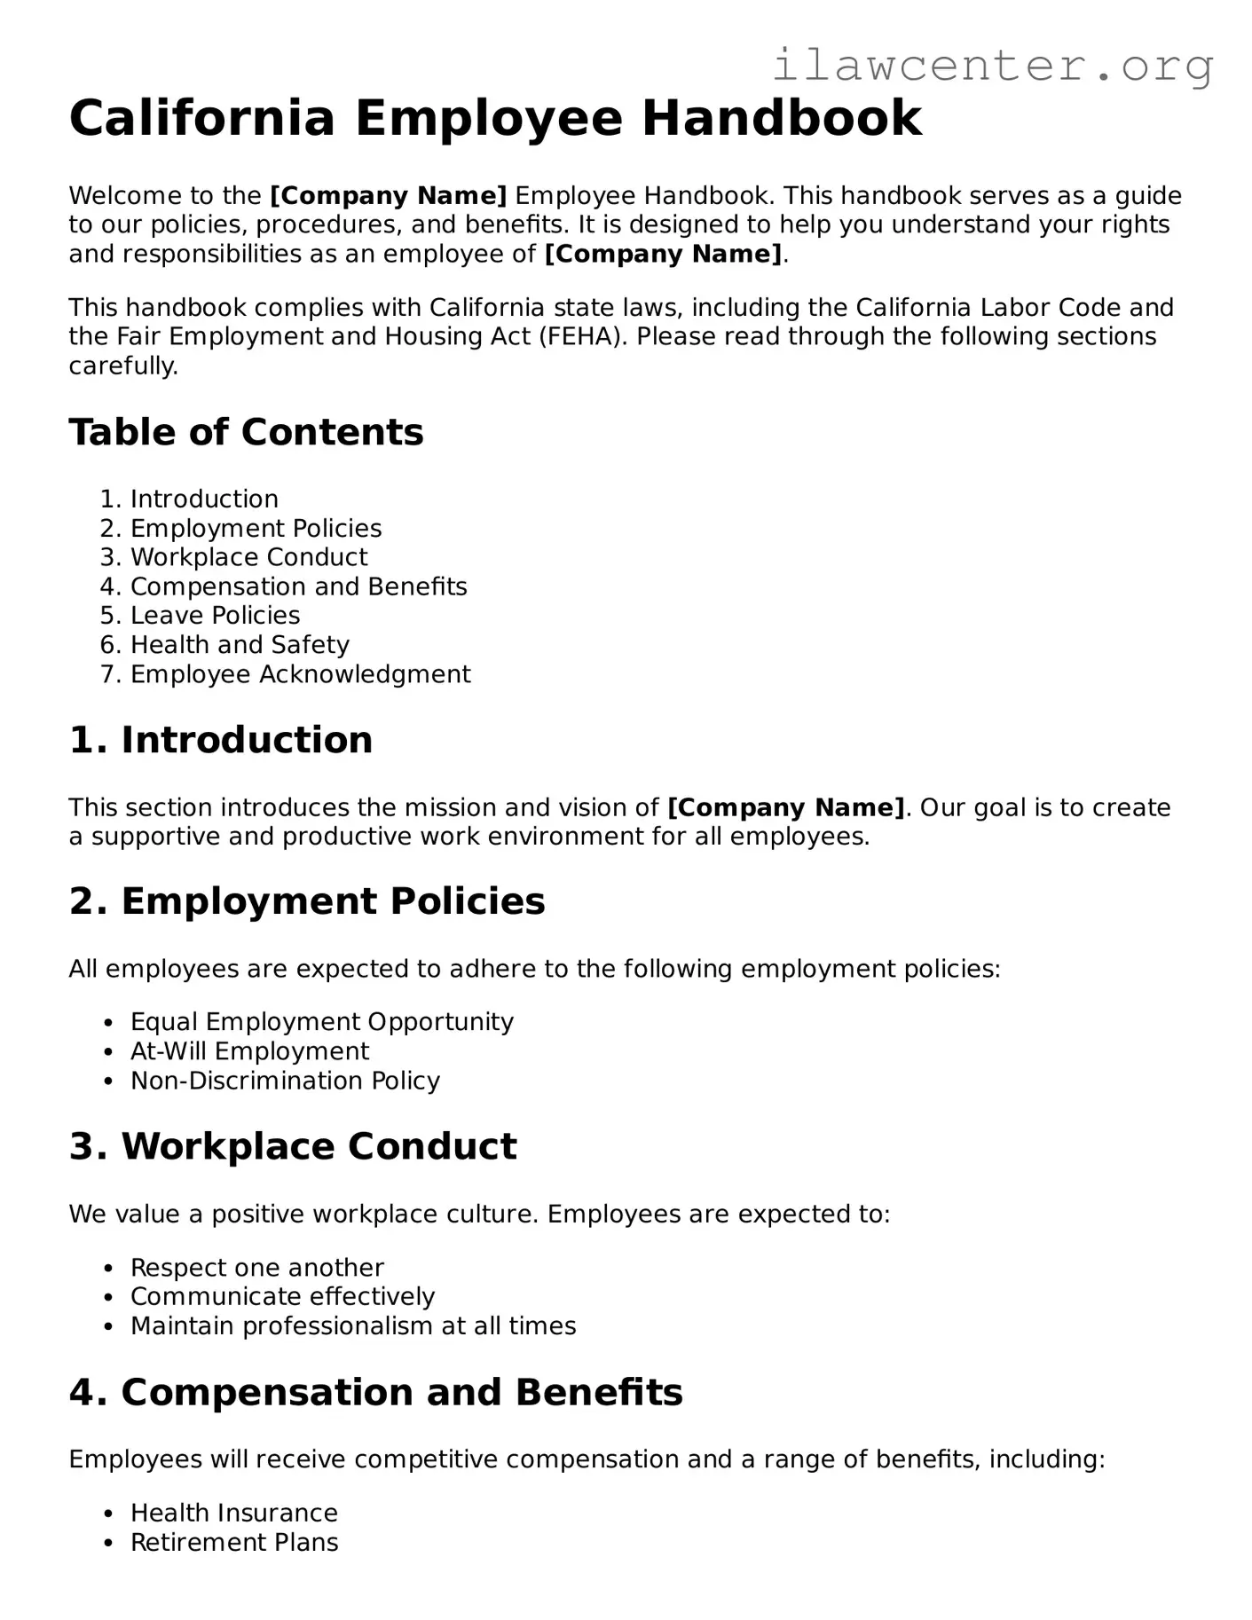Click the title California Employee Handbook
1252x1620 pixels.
pos(495,118)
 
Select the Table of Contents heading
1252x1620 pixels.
pos(246,432)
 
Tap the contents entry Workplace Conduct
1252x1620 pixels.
pos(248,557)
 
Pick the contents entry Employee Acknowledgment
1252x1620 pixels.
pos(300,674)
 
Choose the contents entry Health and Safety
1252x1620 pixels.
pos(240,645)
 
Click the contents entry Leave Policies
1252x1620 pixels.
pos(215,616)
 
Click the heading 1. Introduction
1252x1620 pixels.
pos(220,740)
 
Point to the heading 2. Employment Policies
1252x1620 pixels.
pos(306,901)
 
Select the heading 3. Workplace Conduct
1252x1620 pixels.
pos(293,1146)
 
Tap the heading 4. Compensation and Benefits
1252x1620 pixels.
pos(375,1392)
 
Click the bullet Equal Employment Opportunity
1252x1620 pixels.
pos(321,1022)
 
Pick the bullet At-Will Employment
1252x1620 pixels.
pos(249,1051)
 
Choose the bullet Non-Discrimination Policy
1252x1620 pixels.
pos(285,1081)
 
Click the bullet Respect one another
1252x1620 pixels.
pos(256,1268)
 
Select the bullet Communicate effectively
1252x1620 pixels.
pos(282,1297)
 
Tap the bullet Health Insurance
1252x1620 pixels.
pos(233,1513)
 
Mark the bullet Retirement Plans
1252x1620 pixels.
pos(234,1542)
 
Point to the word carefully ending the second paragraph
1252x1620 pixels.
pos(122,366)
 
